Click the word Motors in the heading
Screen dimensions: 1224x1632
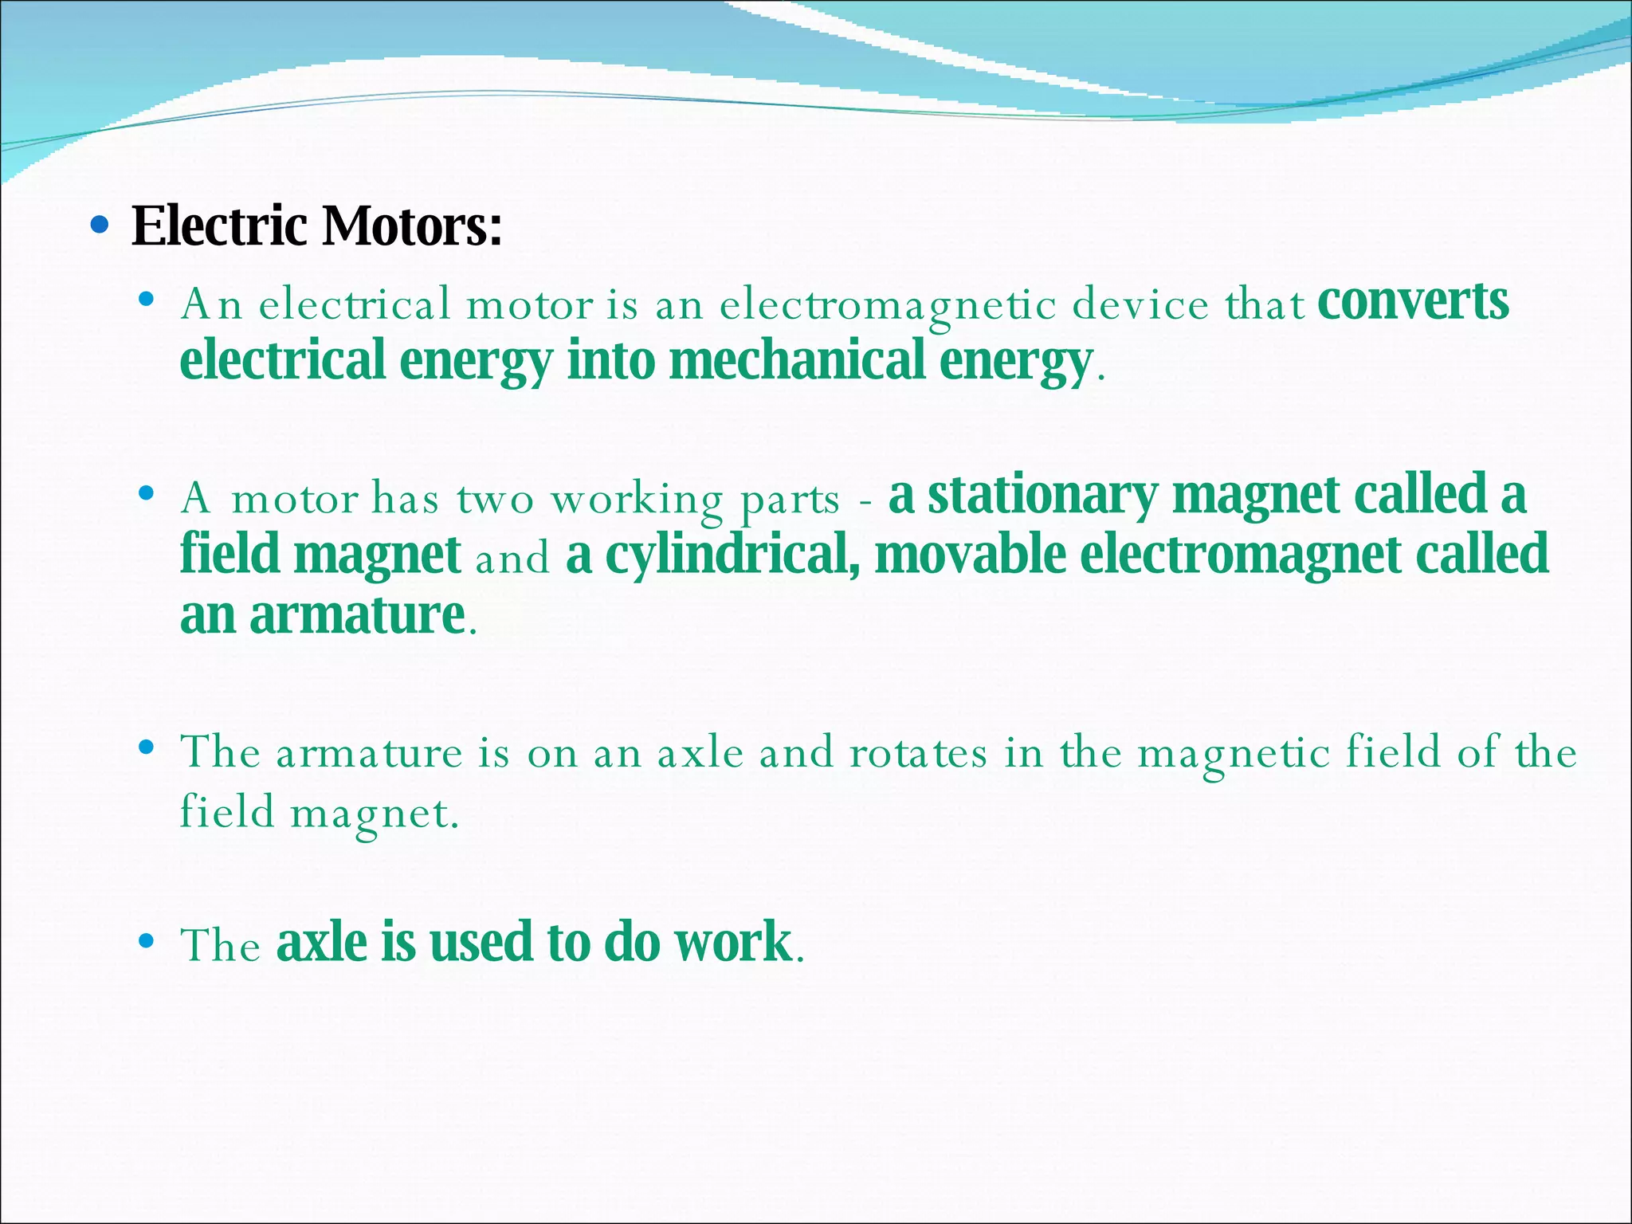click(x=411, y=226)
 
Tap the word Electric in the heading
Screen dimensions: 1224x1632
click(x=219, y=226)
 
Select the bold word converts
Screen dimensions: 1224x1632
click(x=1413, y=301)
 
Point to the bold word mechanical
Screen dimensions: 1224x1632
click(x=797, y=361)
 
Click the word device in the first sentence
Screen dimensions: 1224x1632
click(x=1140, y=305)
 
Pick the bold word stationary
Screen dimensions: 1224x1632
click(x=1043, y=495)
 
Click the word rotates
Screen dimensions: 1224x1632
click(x=918, y=753)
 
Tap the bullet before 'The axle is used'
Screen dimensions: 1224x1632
click(x=145, y=942)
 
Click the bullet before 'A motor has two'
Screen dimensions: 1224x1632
click(x=145, y=494)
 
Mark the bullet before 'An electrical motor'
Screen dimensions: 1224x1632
click(x=145, y=300)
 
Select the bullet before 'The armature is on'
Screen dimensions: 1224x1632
click(x=145, y=747)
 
